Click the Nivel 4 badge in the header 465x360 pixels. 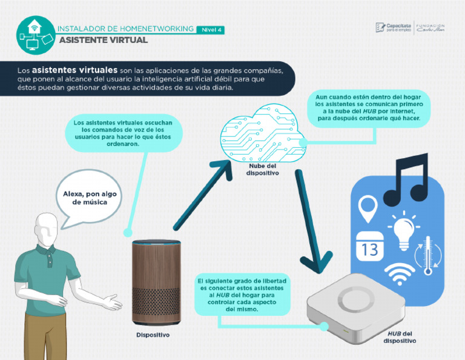pos(211,29)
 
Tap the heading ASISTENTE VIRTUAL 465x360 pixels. pos(103,40)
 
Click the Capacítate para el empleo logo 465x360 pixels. pos(394,28)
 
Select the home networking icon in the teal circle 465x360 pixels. pos(35,34)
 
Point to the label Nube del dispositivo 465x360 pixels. pos(262,169)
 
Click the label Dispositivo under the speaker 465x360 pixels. pos(153,335)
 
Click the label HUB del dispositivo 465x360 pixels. pos(400,337)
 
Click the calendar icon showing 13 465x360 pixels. pos(369,246)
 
